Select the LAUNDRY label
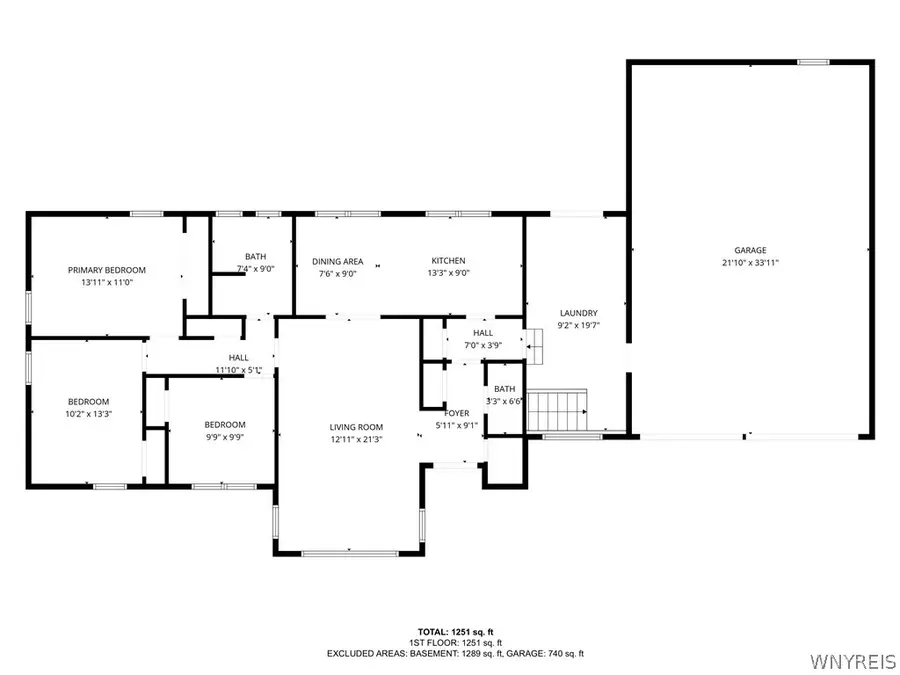point(579,312)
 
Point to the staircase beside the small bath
point(556,410)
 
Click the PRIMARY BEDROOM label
point(107,270)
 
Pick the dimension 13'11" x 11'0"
point(107,283)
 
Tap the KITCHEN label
point(447,261)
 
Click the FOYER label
point(457,412)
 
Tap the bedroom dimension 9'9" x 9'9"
point(224,437)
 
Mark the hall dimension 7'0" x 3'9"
point(483,345)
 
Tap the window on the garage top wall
point(813,63)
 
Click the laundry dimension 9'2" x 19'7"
point(579,325)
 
